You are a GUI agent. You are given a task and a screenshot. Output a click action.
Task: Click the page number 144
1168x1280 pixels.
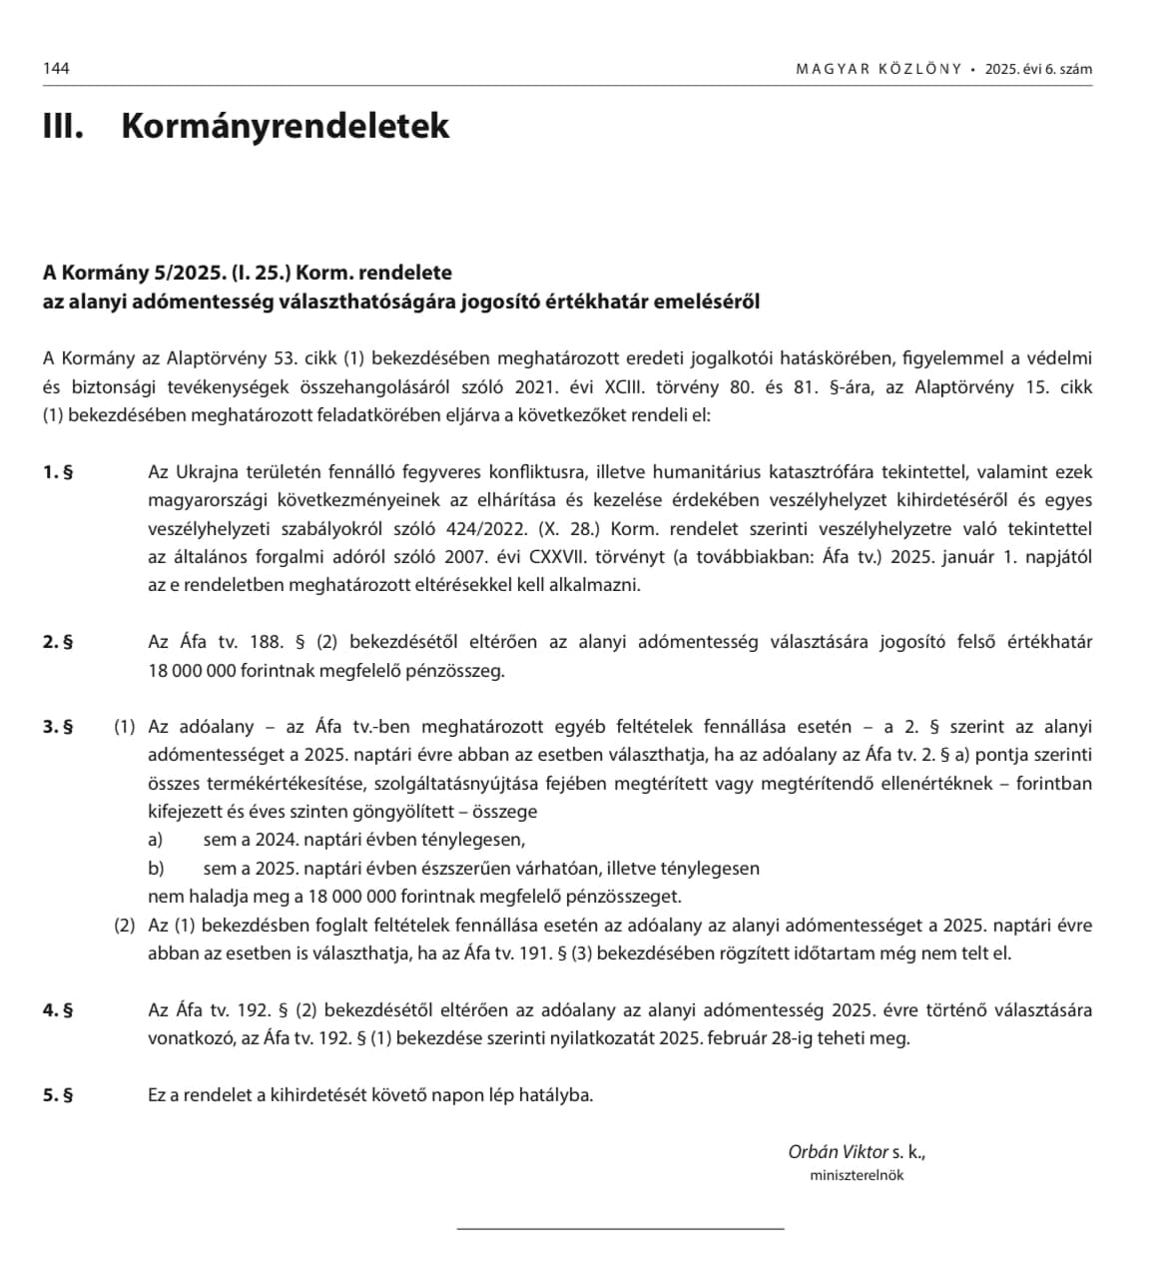coord(56,69)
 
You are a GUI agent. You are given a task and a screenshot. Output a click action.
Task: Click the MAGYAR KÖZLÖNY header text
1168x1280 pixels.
coord(878,69)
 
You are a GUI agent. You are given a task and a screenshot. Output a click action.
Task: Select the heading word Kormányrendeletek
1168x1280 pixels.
coord(286,127)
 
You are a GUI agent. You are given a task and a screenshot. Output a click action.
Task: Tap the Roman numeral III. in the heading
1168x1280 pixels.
coord(63,127)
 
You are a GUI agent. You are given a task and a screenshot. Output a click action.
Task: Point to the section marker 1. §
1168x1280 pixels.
coord(58,472)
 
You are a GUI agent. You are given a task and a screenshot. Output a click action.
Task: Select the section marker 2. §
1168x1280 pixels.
coord(58,642)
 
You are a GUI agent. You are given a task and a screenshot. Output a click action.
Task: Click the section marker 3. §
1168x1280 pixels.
coord(58,727)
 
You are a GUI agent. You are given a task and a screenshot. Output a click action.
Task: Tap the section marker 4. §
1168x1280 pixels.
coord(58,1009)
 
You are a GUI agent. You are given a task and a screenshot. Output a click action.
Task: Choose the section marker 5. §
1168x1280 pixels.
coord(58,1094)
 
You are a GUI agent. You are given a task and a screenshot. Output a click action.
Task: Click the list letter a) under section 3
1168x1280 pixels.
coord(156,840)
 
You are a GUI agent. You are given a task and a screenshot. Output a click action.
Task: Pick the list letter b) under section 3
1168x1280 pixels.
coord(156,868)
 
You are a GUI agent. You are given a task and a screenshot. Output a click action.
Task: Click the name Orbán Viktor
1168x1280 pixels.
coord(838,1151)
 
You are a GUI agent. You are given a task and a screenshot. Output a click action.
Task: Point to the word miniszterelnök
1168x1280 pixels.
coord(857,1175)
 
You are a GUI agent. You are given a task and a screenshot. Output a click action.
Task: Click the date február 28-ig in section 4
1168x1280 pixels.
coord(755,1037)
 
